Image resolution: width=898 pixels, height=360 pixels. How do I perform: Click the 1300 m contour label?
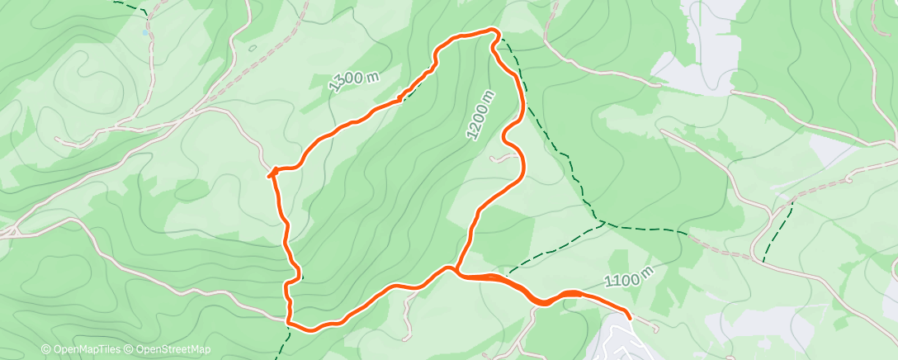pyautogui.click(x=352, y=81)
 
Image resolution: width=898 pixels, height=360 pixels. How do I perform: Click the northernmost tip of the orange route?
pyautogui.click(x=494, y=31)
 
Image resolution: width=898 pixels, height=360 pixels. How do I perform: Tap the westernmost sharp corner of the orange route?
pyautogui.click(x=270, y=173)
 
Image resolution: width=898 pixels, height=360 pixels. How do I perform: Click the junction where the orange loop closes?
pyautogui.click(x=453, y=268)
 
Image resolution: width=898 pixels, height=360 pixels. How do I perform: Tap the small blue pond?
pyautogui.click(x=146, y=34)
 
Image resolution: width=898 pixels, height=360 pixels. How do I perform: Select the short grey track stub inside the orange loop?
pyautogui.click(x=502, y=158)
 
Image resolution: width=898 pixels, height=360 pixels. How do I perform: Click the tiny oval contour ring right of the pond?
pyautogui.click(x=252, y=48)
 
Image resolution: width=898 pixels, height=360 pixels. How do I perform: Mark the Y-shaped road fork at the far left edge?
pyautogui.click(x=10, y=232)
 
